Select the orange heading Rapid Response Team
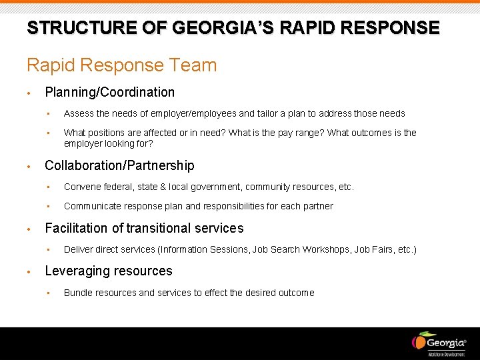pyautogui.click(x=121, y=65)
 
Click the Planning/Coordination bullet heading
pyautogui.click(x=109, y=92)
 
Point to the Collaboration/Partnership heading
pyautogui.click(x=119, y=165)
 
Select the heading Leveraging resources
pyautogui.click(x=108, y=271)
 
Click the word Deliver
pyautogui.click(x=77, y=249)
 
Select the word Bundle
pyautogui.click(x=79, y=293)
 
